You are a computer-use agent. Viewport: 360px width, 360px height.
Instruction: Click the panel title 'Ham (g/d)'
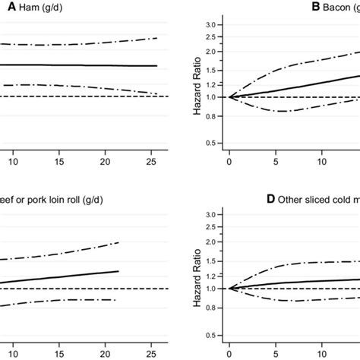[30, 8]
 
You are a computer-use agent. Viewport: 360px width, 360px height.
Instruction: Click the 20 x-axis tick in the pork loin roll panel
[106, 353]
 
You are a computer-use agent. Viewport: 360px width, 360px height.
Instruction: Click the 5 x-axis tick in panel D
[276, 353]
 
